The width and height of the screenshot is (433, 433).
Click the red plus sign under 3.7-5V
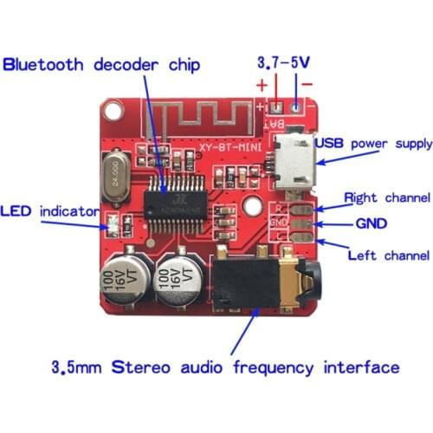(261, 86)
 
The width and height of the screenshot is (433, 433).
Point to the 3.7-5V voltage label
(283, 63)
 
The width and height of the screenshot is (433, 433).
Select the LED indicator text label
(42, 210)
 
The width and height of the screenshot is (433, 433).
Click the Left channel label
(387, 255)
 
